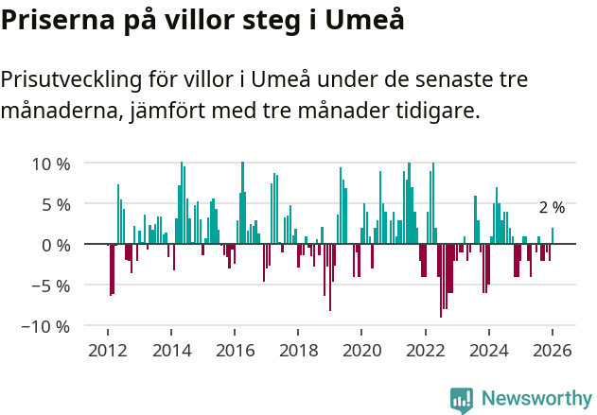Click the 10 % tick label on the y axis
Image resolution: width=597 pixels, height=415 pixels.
51,164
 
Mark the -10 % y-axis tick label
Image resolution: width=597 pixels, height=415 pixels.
46,326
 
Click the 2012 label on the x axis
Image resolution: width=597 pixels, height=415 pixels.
107,350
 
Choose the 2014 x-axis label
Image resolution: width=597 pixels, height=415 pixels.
171,350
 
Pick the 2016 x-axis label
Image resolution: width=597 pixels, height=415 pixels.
235,350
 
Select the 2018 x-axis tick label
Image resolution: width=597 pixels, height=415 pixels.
299,350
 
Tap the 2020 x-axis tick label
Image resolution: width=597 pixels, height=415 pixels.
362,350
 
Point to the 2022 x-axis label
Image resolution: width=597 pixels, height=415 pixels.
426,350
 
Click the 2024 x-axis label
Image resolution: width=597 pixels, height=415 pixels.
490,350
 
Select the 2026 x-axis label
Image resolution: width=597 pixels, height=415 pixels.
553,350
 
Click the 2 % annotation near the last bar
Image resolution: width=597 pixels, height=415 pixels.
552,208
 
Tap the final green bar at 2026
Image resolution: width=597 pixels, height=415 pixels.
553,236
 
